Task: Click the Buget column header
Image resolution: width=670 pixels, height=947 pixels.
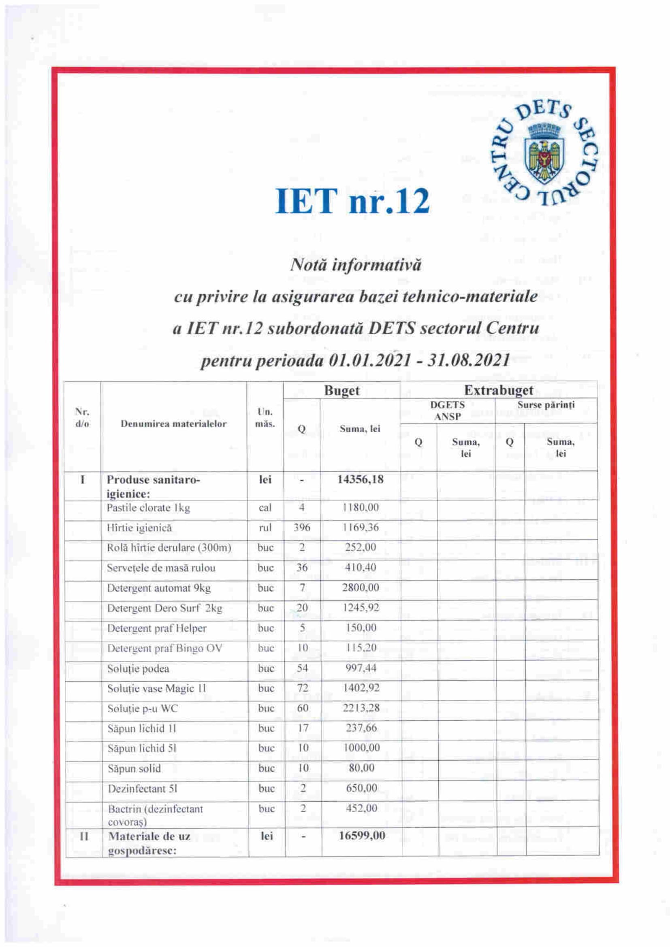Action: [341, 390]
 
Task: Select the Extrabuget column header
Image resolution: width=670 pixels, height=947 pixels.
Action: [498, 390]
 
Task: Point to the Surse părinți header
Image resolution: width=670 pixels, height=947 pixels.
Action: [546, 404]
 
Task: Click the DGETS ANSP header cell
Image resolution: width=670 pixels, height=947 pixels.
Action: [447, 411]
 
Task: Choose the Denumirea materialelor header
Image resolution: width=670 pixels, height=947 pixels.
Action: [173, 423]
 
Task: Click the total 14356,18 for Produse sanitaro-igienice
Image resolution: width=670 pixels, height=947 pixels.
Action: [360, 479]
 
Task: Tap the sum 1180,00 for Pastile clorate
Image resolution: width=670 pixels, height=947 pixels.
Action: [360, 507]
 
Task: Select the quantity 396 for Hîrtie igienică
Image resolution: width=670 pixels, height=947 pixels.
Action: [302, 527]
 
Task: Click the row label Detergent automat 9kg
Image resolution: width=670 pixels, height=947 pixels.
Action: [158, 588]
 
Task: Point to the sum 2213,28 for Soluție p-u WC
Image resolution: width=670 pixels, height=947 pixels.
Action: [361, 708]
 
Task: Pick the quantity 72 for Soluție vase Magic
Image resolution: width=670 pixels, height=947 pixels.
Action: [303, 688]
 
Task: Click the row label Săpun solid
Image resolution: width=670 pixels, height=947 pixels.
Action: [134, 768]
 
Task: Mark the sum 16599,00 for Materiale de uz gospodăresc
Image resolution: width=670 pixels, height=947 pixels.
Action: [362, 836]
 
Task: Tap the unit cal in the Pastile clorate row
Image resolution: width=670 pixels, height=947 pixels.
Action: [265, 507]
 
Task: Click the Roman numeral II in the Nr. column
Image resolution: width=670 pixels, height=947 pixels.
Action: [84, 836]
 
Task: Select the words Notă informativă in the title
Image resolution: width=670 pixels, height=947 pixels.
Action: [356, 264]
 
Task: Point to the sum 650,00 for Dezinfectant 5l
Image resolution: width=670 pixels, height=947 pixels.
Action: [361, 788]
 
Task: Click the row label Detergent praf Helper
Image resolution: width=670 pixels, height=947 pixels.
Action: [157, 628]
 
